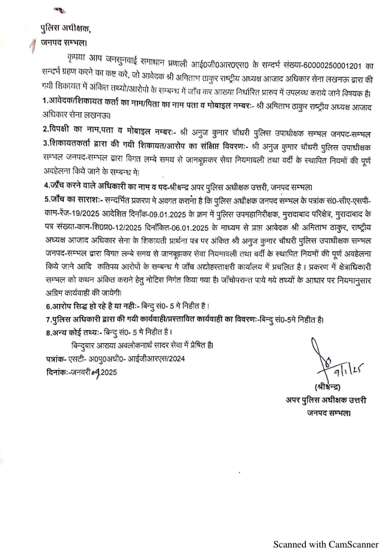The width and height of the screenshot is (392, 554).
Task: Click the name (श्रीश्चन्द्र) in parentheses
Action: (x=327, y=386)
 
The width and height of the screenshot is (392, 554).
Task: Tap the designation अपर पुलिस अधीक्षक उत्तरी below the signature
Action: (x=326, y=400)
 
